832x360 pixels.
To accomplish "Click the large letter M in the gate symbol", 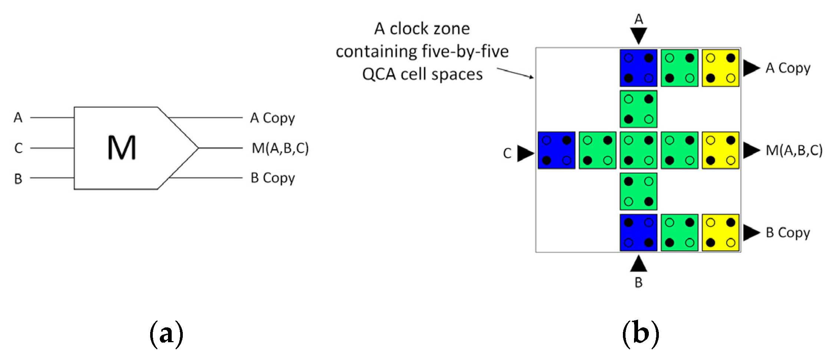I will tap(122, 148).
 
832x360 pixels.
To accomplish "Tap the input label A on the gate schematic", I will tap(18, 118).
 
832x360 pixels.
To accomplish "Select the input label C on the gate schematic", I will tap(18, 148).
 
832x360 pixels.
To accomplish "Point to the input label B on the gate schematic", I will tap(18, 179).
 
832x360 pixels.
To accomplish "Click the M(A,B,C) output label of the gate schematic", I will tap(280, 148).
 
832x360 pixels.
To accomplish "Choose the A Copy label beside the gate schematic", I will tap(273, 118).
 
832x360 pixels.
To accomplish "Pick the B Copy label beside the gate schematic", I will tap(273, 178).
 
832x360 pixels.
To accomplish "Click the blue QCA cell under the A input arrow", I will tap(638, 68).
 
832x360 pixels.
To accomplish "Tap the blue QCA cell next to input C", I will tap(556, 150).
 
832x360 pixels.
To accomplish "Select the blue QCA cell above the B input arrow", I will tap(638, 232).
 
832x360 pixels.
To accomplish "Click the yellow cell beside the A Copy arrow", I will tap(720, 68).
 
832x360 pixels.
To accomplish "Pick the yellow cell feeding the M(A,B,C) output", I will tap(720, 150).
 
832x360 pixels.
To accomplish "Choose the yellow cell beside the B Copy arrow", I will tap(720, 232).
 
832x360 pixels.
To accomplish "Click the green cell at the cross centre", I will tap(638, 150).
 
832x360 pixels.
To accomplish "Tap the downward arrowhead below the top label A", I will tap(638, 36).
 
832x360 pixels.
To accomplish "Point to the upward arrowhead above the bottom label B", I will tap(638, 264).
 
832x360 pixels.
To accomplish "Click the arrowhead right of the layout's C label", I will tap(525, 153).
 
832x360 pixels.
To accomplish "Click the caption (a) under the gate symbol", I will tap(166, 333).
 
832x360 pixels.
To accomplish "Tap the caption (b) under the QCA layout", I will tap(640, 333).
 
